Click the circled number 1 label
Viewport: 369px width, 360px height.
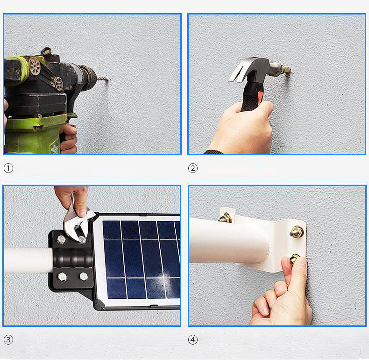click(8, 168)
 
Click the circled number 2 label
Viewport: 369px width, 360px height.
click(193, 168)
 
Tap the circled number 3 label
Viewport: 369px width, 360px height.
click(8, 340)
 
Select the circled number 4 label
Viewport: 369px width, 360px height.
click(193, 340)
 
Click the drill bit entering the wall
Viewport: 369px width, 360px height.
click(103, 79)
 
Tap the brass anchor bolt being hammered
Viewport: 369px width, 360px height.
click(286, 70)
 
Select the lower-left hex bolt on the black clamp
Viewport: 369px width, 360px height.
click(62, 277)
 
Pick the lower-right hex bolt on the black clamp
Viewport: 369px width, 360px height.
click(84, 276)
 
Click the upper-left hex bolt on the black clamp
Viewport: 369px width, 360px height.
click(61, 239)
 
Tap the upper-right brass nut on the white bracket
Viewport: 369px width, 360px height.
click(297, 231)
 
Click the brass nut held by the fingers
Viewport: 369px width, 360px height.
click(294, 259)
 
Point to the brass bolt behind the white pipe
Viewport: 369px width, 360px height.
click(225, 218)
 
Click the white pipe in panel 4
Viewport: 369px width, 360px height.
click(229, 240)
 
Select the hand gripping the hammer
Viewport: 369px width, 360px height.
click(243, 128)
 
